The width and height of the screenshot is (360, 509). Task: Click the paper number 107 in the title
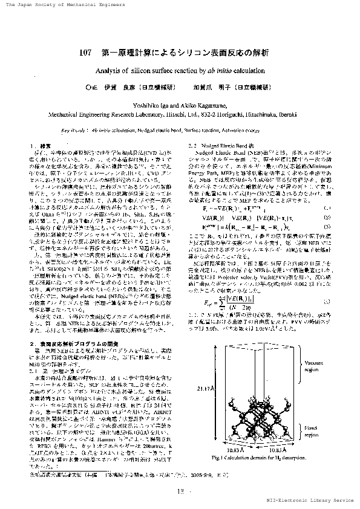coord(85,53)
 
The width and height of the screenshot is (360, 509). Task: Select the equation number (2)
coord(327,216)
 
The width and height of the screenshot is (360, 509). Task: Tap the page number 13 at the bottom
coord(180,491)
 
